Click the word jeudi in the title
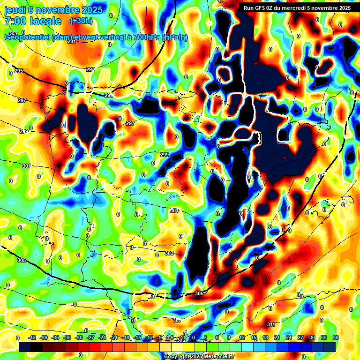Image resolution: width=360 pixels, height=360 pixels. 15,10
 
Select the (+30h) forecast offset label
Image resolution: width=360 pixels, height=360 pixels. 81,21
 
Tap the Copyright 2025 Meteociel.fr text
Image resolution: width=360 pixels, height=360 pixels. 198,356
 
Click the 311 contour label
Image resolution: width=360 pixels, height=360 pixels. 271,324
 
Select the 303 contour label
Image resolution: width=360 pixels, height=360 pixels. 169,253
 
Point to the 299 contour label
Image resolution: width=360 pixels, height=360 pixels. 165,155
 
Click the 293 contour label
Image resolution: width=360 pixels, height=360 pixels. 90,69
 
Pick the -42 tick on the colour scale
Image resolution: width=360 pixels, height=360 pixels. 32,337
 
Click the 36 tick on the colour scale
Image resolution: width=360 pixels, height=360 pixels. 335,337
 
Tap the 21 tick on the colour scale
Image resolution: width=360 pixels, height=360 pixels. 277,337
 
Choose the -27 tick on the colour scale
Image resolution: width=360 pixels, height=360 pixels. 90,337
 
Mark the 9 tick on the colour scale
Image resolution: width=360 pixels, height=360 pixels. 229,337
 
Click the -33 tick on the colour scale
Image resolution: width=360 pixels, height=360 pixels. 67,337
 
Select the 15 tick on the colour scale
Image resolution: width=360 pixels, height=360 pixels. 254,337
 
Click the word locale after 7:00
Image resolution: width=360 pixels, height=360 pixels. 45,21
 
